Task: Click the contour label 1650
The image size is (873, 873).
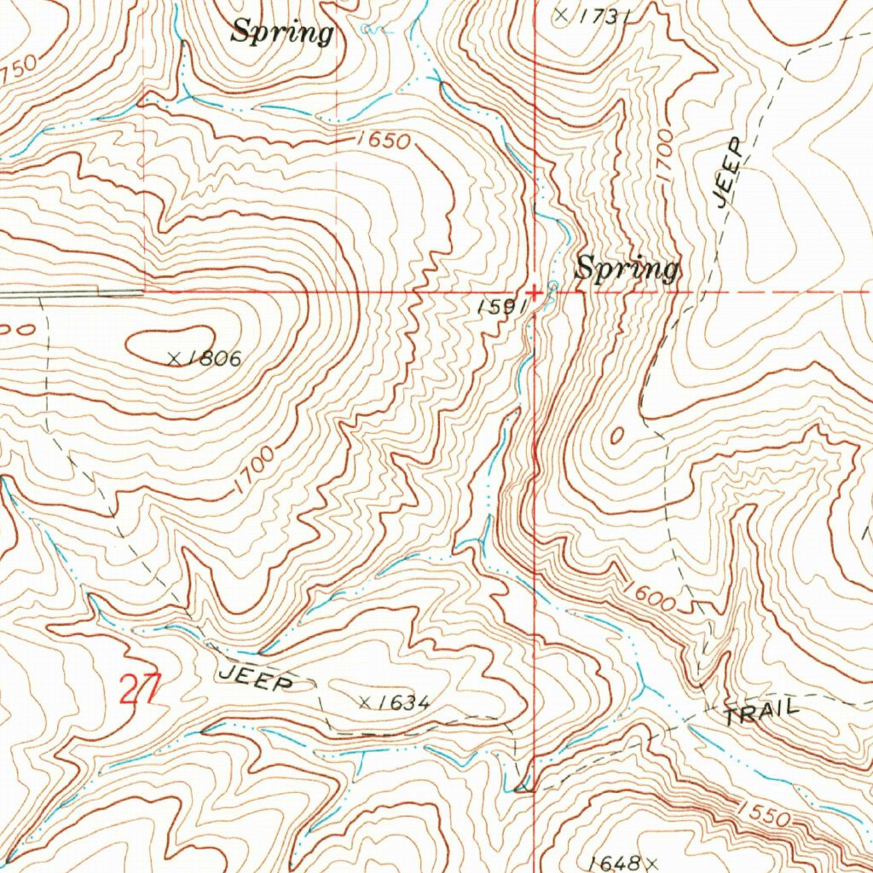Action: [384, 141]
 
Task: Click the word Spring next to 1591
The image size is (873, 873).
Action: [627, 269]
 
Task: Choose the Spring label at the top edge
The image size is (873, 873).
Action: [282, 32]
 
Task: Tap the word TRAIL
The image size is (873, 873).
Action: [762, 712]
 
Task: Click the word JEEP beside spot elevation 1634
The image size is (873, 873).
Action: [257, 678]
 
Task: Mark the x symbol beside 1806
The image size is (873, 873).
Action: [174, 360]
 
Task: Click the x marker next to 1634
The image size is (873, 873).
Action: [365, 702]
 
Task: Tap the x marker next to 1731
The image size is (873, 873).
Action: [560, 14]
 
